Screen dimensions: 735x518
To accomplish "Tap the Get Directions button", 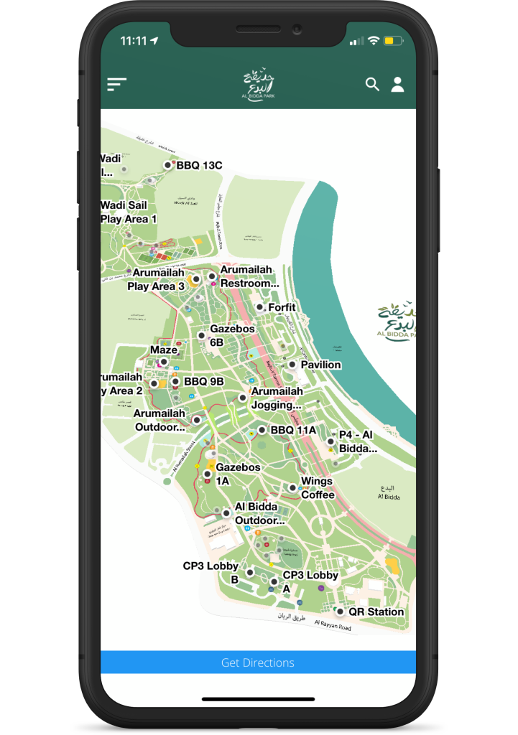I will pyautogui.click(x=258, y=663).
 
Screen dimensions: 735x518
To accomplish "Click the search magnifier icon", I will pyautogui.click(x=372, y=84).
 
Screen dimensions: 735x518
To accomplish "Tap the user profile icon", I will pyautogui.click(x=397, y=84).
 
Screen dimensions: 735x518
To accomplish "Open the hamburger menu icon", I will pyautogui.click(x=116, y=84).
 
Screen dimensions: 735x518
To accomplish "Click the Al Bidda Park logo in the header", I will pyautogui.click(x=259, y=85).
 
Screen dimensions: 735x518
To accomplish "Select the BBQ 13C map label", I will pyautogui.click(x=199, y=165).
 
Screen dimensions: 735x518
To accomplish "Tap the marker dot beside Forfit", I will pyautogui.click(x=259, y=307).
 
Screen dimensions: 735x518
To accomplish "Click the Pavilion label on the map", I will pyautogui.click(x=320, y=365).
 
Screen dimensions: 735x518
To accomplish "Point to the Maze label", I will pyautogui.click(x=164, y=350).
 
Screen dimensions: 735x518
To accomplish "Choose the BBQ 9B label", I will pyautogui.click(x=204, y=381).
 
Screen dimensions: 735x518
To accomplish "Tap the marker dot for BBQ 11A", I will pyautogui.click(x=262, y=431).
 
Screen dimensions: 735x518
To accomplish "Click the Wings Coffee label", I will pyautogui.click(x=317, y=487).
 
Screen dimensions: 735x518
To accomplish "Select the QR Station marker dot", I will pyautogui.click(x=340, y=612).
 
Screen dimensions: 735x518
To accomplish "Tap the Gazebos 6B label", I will pyautogui.click(x=232, y=335).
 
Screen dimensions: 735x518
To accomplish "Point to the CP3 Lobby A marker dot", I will pyautogui.click(x=274, y=581).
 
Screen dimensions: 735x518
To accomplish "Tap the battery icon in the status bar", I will pyautogui.click(x=393, y=41).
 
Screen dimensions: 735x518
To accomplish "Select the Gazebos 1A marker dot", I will pyautogui.click(x=207, y=474).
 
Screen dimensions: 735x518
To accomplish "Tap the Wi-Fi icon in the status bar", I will pyautogui.click(x=374, y=41).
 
